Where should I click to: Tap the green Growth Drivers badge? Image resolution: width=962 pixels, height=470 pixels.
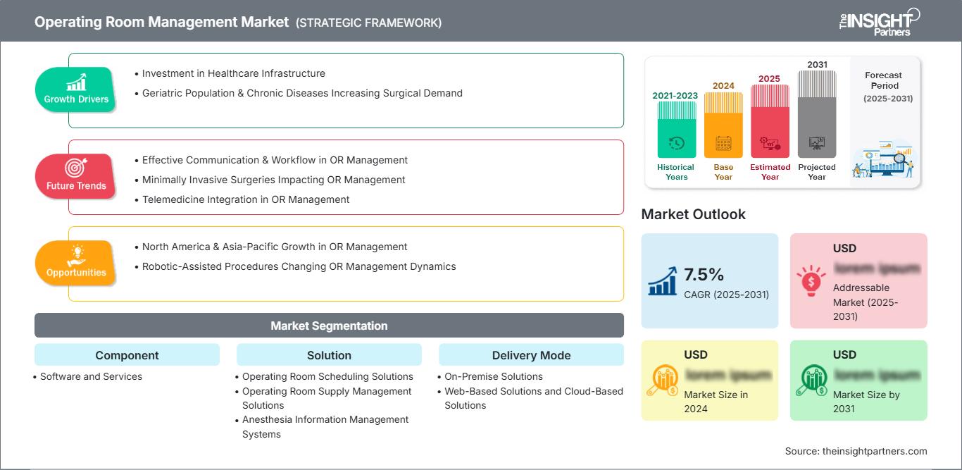[76, 89]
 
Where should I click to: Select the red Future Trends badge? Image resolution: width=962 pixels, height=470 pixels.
[76, 176]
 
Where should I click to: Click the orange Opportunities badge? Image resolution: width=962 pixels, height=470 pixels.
[76, 263]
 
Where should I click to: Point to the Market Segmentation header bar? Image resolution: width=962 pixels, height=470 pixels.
[329, 326]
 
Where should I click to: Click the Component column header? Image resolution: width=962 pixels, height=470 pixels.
[127, 355]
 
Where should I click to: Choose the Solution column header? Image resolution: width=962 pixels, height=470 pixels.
[329, 355]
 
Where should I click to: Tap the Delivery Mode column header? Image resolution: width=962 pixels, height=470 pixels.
[531, 355]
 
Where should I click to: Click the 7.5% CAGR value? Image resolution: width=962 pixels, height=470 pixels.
[704, 275]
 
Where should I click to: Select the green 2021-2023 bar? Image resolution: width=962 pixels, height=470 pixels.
[676, 130]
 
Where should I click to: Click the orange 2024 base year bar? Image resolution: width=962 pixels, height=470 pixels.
[723, 125]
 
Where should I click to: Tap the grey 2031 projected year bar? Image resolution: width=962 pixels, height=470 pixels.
[817, 114]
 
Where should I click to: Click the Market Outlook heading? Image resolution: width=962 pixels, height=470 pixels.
[693, 214]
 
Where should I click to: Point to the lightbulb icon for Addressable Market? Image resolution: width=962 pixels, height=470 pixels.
[811, 280]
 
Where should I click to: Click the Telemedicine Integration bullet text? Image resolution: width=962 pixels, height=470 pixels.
[246, 199]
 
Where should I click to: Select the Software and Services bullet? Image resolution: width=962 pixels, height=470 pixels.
[91, 376]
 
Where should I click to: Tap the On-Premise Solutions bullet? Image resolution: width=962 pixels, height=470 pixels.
[494, 376]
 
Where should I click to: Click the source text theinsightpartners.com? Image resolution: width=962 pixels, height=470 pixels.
[856, 451]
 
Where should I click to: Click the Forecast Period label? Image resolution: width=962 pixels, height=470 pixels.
[884, 80]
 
